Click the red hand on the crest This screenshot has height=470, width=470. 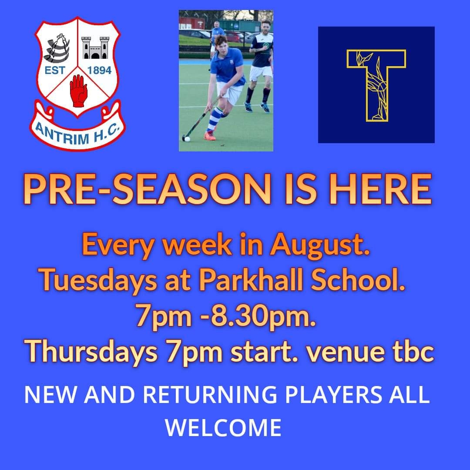(79, 91)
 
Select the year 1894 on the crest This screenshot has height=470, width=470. (99, 70)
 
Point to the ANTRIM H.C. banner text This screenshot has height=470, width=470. (77, 131)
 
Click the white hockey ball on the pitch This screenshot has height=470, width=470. (187, 139)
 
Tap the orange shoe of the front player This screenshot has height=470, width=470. (210, 135)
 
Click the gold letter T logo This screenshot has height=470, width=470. (376, 84)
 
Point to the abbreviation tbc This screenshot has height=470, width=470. (414, 352)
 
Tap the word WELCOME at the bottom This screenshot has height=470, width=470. (223, 427)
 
